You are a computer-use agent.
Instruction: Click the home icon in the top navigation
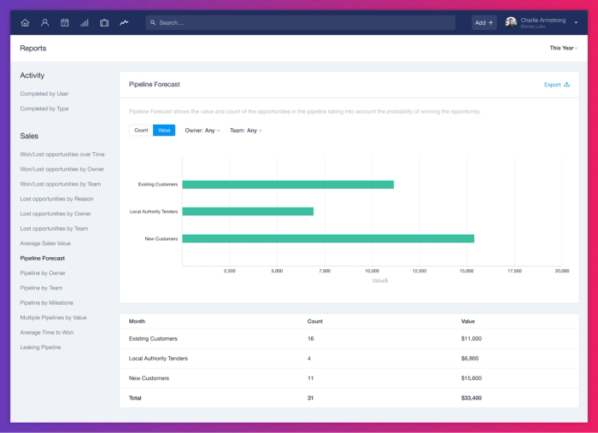click(x=25, y=22)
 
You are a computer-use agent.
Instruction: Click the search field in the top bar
click(x=299, y=22)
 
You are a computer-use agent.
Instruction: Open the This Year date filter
click(x=563, y=48)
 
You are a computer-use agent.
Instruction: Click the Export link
click(x=556, y=85)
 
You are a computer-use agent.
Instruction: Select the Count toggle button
click(x=141, y=131)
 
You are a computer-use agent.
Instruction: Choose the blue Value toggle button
click(x=164, y=131)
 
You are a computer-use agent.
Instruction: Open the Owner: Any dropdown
click(x=202, y=131)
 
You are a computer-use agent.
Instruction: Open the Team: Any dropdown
click(x=246, y=131)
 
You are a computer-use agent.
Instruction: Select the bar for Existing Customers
click(x=288, y=184)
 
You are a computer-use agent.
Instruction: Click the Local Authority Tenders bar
click(x=248, y=211)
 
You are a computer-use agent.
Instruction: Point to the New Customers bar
click(x=328, y=238)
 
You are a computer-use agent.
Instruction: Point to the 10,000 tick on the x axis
click(x=372, y=271)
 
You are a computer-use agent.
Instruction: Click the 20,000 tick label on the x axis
click(x=561, y=271)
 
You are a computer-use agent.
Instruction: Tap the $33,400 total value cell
click(x=472, y=398)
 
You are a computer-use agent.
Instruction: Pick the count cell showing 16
click(x=311, y=339)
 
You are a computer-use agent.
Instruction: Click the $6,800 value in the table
click(x=470, y=359)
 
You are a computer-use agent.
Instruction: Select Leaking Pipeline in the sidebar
click(x=40, y=348)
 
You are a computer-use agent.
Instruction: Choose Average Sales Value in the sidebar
click(x=45, y=243)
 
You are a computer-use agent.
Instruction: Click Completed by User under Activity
click(x=44, y=94)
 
